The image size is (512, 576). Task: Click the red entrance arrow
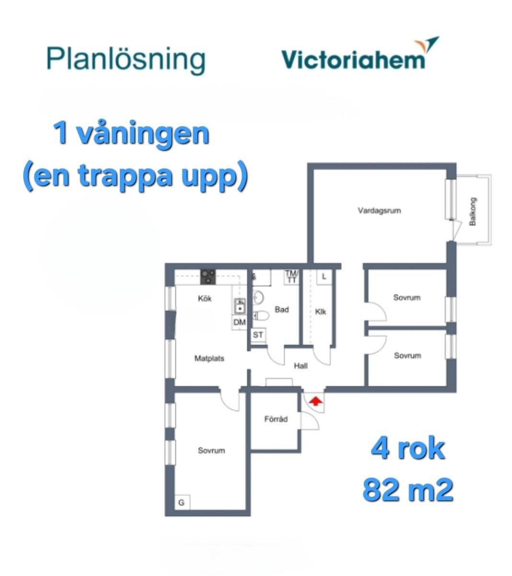[x=316, y=401]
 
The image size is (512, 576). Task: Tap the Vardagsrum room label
[x=379, y=211]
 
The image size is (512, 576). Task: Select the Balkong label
[x=473, y=211]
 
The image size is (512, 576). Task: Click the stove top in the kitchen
[x=208, y=277]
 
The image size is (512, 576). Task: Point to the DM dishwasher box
[x=240, y=322]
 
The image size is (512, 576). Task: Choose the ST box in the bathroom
[x=258, y=335]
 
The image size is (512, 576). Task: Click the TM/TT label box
[x=291, y=277]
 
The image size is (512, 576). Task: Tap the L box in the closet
[x=324, y=276]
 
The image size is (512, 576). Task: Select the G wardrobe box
[x=182, y=503]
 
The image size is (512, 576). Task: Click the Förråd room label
[x=276, y=419]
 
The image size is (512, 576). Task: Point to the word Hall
[x=301, y=366]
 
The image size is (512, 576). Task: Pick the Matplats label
[x=209, y=358]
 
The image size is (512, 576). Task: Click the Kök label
[x=205, y=299]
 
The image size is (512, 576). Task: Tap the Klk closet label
[x=321, y=312]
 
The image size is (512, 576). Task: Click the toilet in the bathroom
[x=261, y=315]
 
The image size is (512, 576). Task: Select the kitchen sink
[x=240, y=306]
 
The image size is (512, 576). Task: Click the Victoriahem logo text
[x=353, y=59]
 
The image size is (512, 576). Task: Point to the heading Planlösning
[x=126, y=60]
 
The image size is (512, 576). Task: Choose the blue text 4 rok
[x=408, y=449]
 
